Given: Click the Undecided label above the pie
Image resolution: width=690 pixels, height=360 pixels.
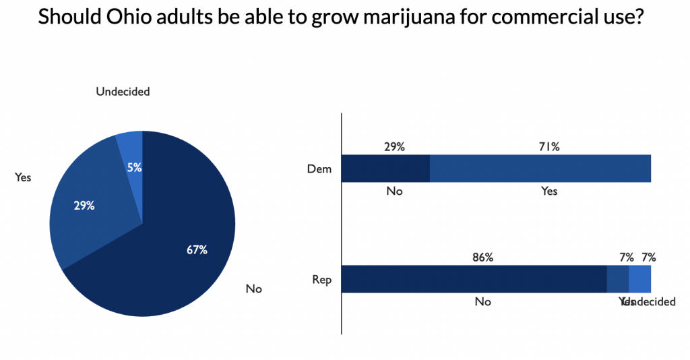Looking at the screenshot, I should pos(123,92).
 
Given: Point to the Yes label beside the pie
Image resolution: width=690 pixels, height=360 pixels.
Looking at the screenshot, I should pos(23,177).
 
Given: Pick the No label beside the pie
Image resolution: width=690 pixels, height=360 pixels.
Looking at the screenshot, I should pos(253,289).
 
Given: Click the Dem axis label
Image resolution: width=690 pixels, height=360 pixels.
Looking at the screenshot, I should pos(319,169).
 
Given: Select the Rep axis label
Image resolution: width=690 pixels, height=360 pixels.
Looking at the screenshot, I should pos(321,279).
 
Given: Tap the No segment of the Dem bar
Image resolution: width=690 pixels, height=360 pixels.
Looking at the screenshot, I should pos(385,169).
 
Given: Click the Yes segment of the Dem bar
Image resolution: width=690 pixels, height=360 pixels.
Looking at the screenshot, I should pos(539,169).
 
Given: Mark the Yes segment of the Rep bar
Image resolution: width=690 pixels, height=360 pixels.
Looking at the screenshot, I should pos(617,279).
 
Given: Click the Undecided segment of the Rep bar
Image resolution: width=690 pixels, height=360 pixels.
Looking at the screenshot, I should pos(639,279).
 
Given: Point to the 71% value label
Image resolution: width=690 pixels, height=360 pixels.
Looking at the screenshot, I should pos(549,146).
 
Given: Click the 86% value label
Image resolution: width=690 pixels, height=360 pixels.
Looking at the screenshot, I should pos(482,257).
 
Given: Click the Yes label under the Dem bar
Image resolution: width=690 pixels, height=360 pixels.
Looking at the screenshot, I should pos(549,191).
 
